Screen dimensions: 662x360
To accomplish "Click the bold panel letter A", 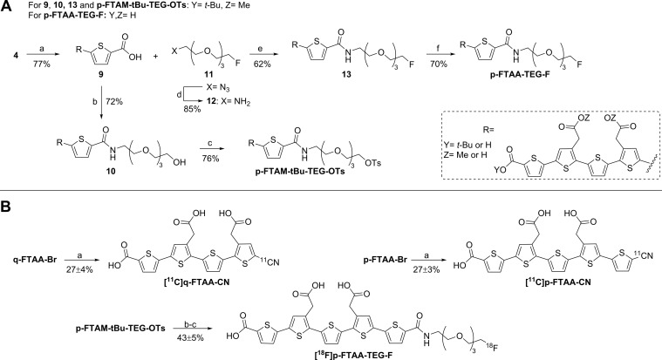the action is [8, 9].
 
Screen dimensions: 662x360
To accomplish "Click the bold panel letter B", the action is [8, 200].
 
